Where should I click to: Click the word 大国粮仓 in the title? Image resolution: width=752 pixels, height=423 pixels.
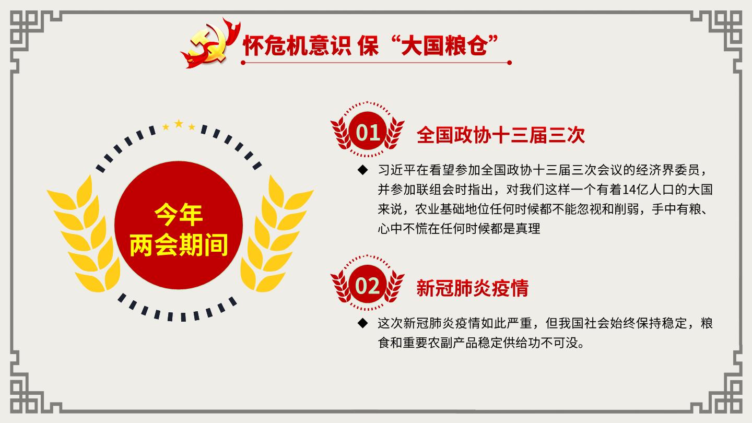444,45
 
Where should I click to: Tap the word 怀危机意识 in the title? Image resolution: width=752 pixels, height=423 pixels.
297,45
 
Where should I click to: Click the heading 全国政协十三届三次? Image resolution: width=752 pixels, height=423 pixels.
500,135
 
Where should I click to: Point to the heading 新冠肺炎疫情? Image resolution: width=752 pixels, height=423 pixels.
472,288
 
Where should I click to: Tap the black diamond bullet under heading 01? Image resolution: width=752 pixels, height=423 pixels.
362,170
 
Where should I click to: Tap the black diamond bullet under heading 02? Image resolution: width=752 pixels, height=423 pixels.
362,323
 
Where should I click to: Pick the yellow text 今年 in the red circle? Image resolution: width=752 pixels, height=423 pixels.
179,215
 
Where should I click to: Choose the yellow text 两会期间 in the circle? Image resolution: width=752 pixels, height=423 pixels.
179,245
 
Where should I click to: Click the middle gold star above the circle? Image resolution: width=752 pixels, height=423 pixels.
179,124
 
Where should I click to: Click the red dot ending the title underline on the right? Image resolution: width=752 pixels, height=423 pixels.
509,63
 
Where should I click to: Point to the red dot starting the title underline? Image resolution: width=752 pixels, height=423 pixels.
243,63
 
